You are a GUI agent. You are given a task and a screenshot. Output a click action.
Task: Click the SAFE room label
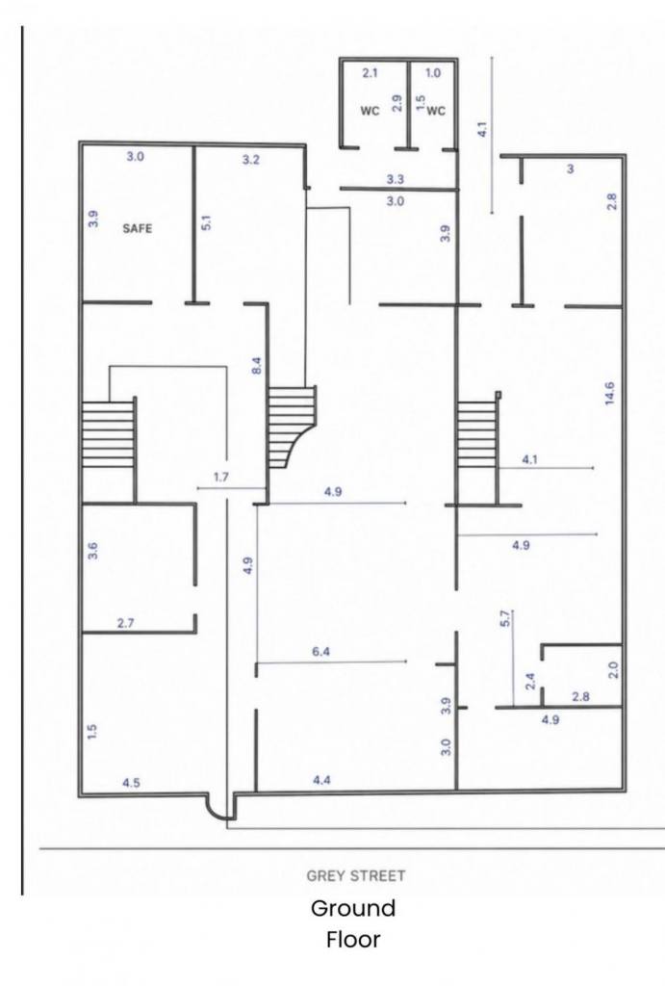[137, 227]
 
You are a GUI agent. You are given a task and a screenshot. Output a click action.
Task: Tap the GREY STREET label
[356, 875]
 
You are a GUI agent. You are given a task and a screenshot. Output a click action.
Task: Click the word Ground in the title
[352, 908]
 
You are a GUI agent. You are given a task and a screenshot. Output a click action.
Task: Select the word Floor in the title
[353, 940]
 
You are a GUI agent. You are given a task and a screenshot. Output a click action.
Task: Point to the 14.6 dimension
[609, 393]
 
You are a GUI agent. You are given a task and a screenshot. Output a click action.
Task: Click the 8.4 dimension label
[256, 367]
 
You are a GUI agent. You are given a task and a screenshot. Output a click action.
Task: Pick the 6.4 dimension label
[320, 652]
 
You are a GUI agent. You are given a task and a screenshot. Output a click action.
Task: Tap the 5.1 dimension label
[206, 222]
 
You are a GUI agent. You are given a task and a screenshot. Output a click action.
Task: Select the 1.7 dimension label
[221, 477]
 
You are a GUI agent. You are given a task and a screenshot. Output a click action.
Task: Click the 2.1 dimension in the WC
[371, 73]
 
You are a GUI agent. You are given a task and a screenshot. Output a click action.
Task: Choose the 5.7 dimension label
[506, 620]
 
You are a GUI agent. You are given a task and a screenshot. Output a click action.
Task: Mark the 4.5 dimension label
[132, 783]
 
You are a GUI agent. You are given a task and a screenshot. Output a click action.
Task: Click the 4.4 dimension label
[321, 780]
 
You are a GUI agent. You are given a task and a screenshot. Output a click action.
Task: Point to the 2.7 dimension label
[126, 623]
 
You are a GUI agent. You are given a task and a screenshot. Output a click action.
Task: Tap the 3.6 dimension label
[92, 551]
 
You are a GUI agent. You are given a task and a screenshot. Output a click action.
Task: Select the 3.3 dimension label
[395, 179]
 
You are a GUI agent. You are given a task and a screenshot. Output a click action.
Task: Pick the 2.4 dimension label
[530, 681]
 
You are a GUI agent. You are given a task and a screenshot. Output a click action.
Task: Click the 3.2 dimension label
[250, 160]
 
